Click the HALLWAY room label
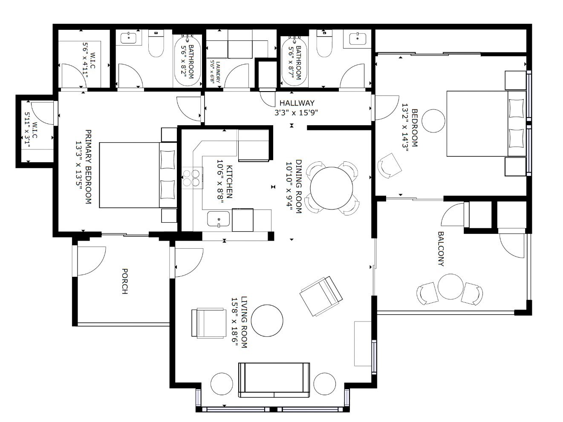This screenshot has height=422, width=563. [x=297, y=103]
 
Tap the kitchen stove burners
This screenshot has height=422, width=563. [x=192, y=178]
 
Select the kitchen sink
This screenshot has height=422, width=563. [x=219, y=219]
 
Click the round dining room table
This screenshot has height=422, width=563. [x=332, y=188]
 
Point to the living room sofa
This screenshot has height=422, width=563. [x=274, y=380]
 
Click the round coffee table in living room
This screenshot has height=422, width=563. [x=267, y=321]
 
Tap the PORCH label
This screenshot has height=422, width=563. [x=124, y=281]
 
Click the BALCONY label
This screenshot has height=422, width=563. [x=441, y=249]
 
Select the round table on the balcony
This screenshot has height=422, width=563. [x=450, y=287]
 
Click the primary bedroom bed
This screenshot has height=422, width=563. [x=138, y=175]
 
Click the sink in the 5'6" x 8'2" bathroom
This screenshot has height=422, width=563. [x=129, y=37]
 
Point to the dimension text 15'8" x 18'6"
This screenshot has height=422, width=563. [x=235, y=322]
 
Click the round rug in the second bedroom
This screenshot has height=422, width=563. [x=433, y=121]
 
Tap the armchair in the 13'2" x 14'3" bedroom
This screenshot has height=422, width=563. [x=390, y=166]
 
